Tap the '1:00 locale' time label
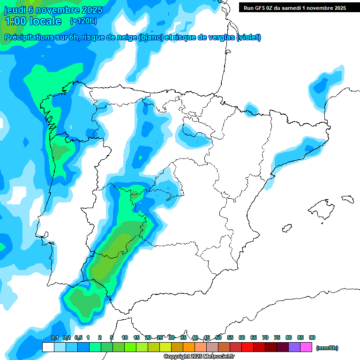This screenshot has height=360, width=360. pos(33,21)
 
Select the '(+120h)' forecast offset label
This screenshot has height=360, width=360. pos(83,21)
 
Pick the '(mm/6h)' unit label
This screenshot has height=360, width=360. pos(327,348)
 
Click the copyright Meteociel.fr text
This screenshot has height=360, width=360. pos(199,357)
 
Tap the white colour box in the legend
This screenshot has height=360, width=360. pos(48,347)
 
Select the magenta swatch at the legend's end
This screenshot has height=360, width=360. pos(307,347)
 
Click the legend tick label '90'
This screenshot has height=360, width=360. pos(312,337)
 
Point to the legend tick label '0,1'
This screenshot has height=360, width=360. pos(54,337)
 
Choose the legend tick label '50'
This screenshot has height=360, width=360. pos(218,337)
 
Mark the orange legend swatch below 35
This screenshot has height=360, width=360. pos(189,347)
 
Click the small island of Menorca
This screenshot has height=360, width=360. pos(347,199)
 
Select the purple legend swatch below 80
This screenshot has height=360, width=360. pos(294,347)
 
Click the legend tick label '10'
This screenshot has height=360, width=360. pos(125,337)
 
